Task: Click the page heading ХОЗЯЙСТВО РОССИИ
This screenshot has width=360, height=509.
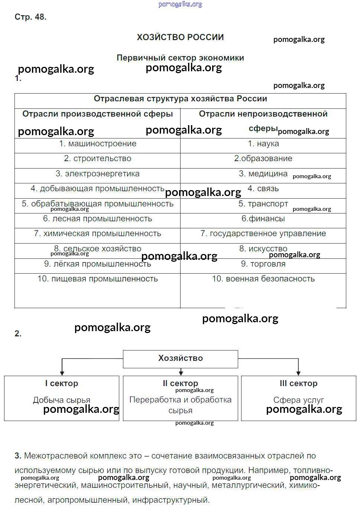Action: (x=180, y=37)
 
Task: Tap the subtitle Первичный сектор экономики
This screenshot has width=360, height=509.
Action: (x=180, y=58)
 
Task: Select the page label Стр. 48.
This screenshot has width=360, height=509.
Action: (x=30, y=17)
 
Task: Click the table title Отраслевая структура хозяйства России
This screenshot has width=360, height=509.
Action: (x=180, y=99)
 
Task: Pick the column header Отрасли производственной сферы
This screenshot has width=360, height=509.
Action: (x=97, y=114)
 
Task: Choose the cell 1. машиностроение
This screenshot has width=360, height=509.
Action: (x=97, y=144)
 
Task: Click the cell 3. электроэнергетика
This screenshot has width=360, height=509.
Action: (x=97, y=174)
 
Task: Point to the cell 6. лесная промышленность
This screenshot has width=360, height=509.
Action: (x=97, y=219)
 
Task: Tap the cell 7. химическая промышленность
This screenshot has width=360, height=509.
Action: (x=97, y=234)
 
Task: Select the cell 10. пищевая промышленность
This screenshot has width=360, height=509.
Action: (x=97, y=279)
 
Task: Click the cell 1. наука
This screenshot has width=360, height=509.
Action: (x=263, y=144)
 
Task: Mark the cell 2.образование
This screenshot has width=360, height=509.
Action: (x=263, y=159)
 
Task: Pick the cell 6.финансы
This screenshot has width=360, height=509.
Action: (x=263, y=219)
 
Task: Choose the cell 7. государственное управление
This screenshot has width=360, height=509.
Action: (x=263, y=234)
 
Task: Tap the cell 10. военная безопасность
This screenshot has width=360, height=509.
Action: (x=263, y=279)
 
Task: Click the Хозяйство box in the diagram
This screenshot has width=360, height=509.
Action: (x=180, y=358)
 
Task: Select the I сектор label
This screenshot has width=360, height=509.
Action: (x=62, y=384)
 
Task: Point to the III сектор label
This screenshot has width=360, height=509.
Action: (x=298, y=384)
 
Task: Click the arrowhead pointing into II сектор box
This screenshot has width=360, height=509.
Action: (x=181, y=373)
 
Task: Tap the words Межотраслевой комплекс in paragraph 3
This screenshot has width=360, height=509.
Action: (x=83, y=456)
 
